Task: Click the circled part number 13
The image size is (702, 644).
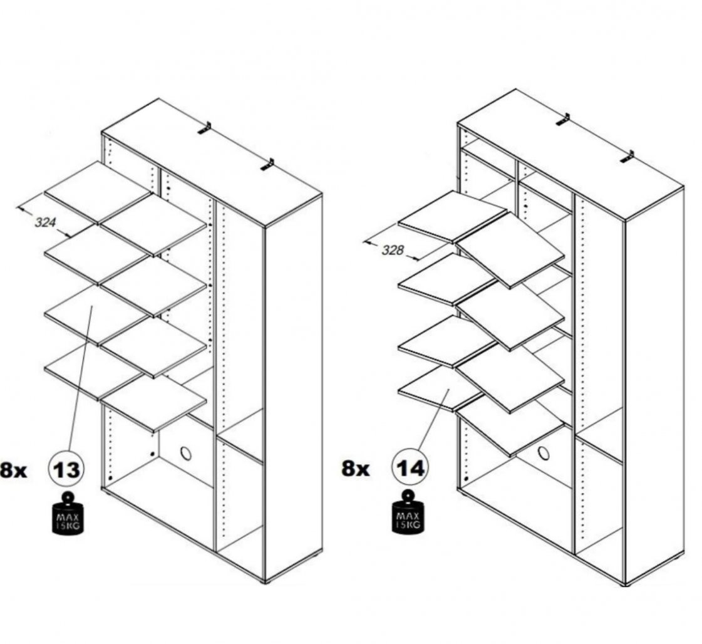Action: (x=66, y=469)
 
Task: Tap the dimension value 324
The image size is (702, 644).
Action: (x=45, y=222)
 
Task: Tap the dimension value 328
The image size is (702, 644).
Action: (x=393, y=250)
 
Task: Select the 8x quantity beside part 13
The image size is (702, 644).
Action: (x=13, y=470)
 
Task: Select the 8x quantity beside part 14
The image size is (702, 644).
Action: (x=356, y=469)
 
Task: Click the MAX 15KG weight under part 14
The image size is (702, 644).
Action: (x=408, y=512)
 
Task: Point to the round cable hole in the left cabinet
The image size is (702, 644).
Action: (x=185, y=453)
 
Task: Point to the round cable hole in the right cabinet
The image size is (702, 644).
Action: (x=544, y=453)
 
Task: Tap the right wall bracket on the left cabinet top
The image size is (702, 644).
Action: (x=268, y=164)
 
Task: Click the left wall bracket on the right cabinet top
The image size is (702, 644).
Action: (x=563, y=120)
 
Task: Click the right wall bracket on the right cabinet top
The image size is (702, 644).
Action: (x=627, y=157)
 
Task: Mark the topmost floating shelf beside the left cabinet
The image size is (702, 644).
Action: (x=98, y=193)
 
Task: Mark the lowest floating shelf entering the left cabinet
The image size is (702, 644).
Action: (x=153, y=403)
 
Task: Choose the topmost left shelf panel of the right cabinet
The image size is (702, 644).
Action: (x=452, y=217)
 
